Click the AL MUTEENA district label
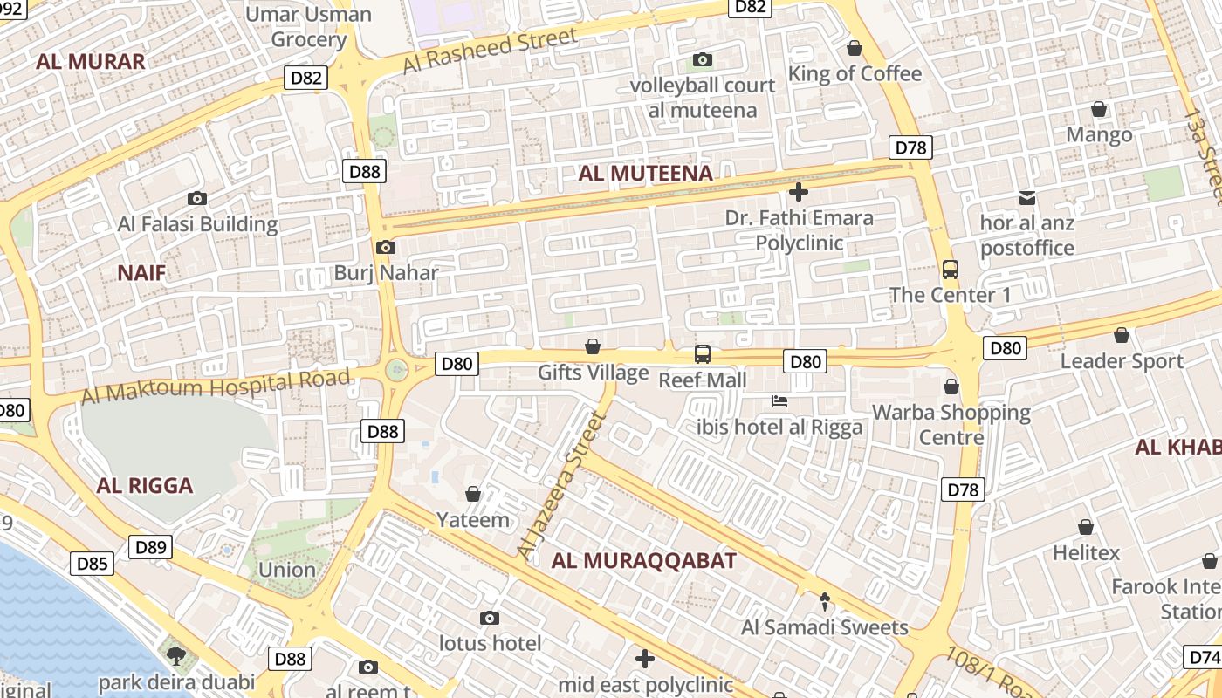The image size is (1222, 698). pos(645,173)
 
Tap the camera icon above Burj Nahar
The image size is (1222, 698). pos(386,248)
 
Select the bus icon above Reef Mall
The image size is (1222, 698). pos(703,353)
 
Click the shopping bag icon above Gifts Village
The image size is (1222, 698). pos(593,347)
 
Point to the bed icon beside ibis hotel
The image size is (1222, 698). pos(779,401)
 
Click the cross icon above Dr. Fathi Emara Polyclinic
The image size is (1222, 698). pos(798,192)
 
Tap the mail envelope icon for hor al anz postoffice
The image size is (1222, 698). pos(1026,198)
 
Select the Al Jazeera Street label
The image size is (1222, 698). pos(561,487)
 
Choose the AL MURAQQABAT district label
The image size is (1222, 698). pos(644,561)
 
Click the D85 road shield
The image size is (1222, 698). pos(92,564)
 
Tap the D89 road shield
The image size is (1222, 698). pos(151,547)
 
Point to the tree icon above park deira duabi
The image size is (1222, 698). pos(176,655)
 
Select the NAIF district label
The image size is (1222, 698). pos(141,273)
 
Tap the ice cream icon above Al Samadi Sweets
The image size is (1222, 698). pos(825,601)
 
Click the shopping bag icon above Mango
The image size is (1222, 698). pos(1099,109)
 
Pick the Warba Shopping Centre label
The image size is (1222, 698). pos(951,424)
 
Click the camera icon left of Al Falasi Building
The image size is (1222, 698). pos(197,199)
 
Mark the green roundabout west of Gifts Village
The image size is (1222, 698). pos(397,370)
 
